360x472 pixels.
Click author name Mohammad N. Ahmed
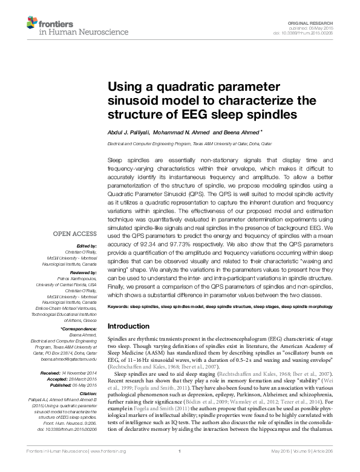click(x=181, y=132)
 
